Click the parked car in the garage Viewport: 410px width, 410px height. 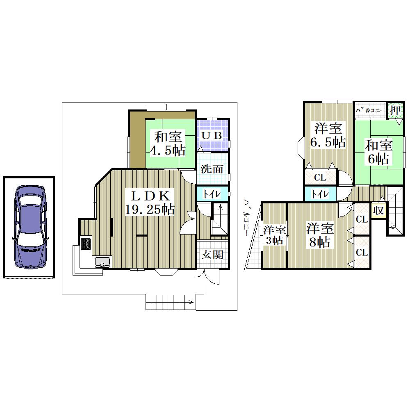pyautogui.click(x=30, y=227)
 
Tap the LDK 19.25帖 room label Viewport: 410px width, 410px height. pyautogui.click(x=150, y=203)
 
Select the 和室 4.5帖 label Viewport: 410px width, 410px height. pyautogui.click(x=168, y=143)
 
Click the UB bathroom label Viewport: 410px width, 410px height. pyautogui.click(x=212, y=135)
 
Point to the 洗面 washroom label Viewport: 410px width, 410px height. pyautogui.click(x=212, y=169)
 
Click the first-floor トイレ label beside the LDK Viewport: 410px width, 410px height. pyautogui.click(x=212, y=194)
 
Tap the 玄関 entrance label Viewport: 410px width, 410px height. pyautogui.click(x=212, y=255)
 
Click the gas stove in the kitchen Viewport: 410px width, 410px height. pyautogui.click(x=86, y=244)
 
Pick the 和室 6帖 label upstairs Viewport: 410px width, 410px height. pyautogui.click(x=378, y=152)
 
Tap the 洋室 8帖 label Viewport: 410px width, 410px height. pyautogui.click(x=320, y=235)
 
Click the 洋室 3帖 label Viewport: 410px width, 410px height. pyautogui.click(x=275, y=235)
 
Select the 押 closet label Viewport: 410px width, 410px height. pyautogui.click(x=395, y=110)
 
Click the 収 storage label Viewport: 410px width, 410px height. pyautogui.click(x=378, y=210)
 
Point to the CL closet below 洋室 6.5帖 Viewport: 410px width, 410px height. pyautogui.click(x=320, y=178)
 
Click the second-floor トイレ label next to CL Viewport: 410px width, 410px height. pyautogui.click(x=320, y=194)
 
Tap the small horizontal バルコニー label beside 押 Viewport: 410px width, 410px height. pyautogui.click(x=370, y=110)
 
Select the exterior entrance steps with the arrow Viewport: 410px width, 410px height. pyautogui.click(x=171, y=303)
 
